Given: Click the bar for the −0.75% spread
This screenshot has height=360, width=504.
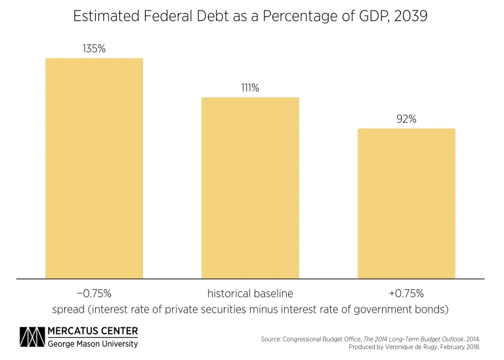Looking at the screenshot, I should (x=94, y=168).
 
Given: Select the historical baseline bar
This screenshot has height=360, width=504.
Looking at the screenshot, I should (x=250, y=188).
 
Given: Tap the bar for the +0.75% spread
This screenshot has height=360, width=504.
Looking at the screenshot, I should (x=406, y=203).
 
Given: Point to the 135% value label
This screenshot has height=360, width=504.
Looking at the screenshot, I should (x=94, y=48).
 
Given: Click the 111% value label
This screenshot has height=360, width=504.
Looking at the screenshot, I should (x=250, y=87).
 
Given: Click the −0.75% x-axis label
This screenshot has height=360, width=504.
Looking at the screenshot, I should (x=94, y=293).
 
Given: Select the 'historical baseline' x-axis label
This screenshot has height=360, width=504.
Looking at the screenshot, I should (x=250, y=293).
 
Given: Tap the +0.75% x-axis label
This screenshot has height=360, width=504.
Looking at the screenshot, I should (x=406, y=293).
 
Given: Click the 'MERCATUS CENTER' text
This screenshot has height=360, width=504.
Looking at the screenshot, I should (x=93, y=330).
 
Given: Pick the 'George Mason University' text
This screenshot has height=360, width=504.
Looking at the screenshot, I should (x=93, y=344).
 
